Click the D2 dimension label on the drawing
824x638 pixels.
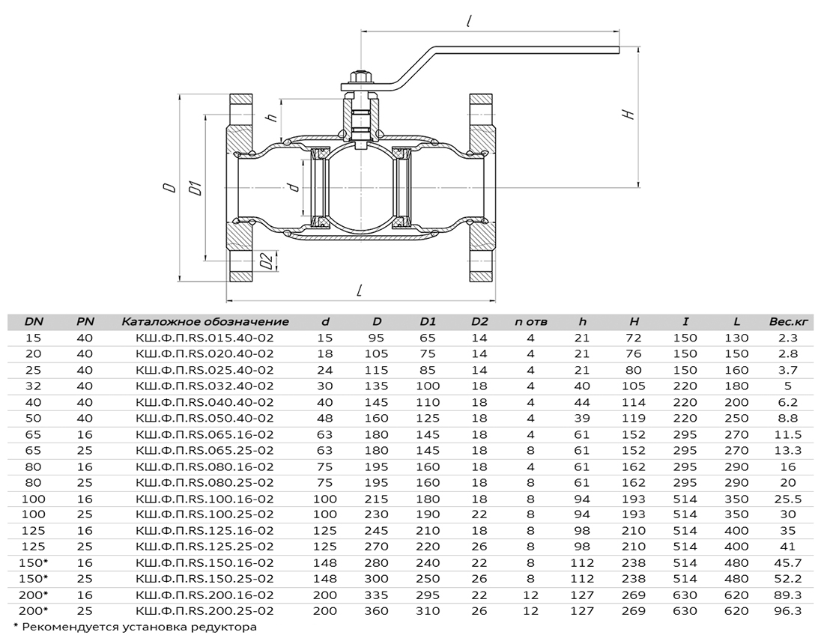pos(267,261)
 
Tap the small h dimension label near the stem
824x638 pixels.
pos(272,116)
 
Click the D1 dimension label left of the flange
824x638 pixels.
pos(196,188)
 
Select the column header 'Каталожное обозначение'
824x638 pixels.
pos(205,322)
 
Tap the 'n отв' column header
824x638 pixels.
pos(531,322)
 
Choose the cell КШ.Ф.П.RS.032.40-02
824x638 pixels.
pos(205,386)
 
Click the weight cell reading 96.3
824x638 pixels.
pos(787,611)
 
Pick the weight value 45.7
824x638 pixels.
pos(787,563)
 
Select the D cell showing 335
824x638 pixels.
pos(376,595)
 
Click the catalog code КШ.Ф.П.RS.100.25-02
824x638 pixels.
pos(205,514)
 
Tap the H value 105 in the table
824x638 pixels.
pos(633,386)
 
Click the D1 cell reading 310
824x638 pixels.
pos(428,611)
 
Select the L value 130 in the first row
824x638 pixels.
pos(736,338)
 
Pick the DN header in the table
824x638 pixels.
pos(34,322)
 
